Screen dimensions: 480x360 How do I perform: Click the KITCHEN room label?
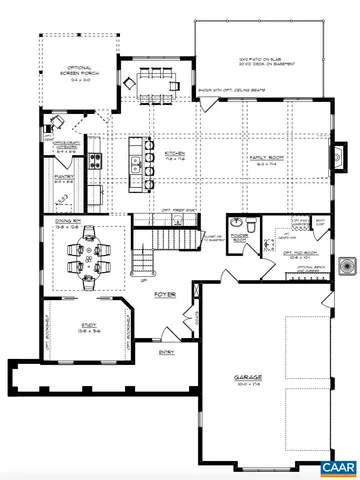(171, 154)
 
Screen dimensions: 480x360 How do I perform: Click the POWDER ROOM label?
(239, 238)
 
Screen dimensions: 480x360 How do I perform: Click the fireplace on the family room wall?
(341, 157)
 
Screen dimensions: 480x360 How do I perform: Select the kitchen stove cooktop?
(94, 159)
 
